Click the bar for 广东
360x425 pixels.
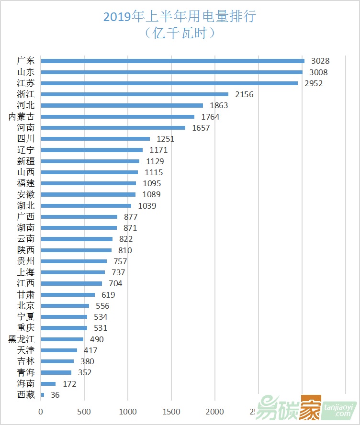[x=172, y=61]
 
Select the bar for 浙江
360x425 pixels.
[x=135, y=94]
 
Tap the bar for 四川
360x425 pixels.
[x=95, y=139]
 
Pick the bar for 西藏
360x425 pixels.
[x=43, y=395]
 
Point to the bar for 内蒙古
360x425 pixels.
[x=117, y=116]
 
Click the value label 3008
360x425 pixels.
[x=318, y=72]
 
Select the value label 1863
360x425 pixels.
[x=218, y=105]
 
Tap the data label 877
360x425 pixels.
[x=131, y=217]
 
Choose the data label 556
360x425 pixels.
[x=102, y=306]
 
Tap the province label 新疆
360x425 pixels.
[x=26, y=161]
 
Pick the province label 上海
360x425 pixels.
[x=26, y=272]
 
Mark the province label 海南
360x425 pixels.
[x=26, y=384]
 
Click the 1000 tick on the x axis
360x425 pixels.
[x=128, y=412]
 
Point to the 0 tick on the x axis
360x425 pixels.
[x=41, y=412]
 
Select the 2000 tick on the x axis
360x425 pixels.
[x=215, y=412]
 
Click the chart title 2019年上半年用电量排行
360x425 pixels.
[x=180, y=17]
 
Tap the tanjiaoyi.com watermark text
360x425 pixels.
[x=338, y=410]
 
